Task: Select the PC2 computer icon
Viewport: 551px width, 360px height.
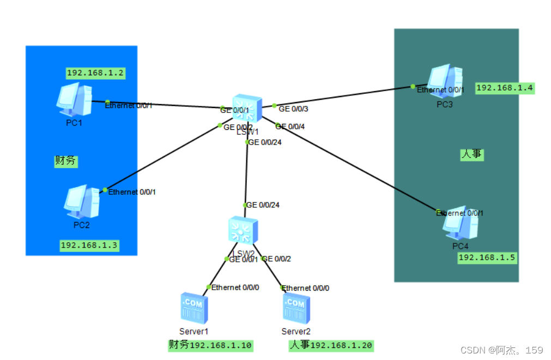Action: click(81, 201)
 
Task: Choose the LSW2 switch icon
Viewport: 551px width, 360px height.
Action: click(243, 231)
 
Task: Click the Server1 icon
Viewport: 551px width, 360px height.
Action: click(194, 308)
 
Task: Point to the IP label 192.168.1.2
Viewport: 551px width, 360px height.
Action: click(95, 73)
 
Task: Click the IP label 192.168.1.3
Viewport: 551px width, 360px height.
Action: click(89, 245)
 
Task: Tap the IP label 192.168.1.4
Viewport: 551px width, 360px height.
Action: click(505, 88)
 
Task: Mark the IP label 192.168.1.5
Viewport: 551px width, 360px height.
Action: click(487, 257)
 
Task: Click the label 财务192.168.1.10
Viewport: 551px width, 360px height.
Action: click(210, 345)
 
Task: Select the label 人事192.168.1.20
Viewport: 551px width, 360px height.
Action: click(331, 345)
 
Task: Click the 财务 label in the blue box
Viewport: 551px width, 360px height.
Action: click(65, 161)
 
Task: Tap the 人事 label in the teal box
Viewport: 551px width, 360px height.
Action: click(471, 155)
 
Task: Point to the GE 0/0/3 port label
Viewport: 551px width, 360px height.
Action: click(293, 109)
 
